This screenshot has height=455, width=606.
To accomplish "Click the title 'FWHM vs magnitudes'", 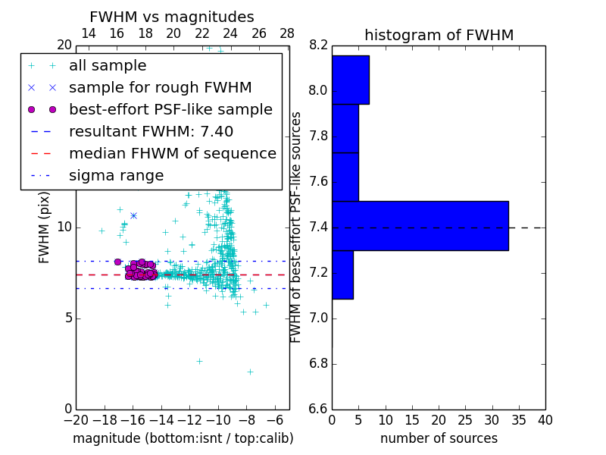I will [x=171, y=17].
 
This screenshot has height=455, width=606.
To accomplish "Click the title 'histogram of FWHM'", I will [x=439, y=35].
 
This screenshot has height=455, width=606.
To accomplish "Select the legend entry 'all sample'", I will [x=108, y=66].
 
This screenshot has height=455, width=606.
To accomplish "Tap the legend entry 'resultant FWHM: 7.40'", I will [x=151, y=131].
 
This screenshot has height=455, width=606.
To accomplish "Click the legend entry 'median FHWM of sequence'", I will [x=172, y=153].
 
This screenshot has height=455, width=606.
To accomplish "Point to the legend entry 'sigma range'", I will [x=116, y=175].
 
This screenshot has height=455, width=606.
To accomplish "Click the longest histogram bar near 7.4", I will [x=420, y=225].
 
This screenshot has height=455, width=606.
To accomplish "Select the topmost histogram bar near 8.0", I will [x=350, y=80].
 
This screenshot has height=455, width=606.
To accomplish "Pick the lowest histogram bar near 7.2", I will [x=342, y=275].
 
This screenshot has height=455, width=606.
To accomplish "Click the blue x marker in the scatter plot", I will [x=133, y=216].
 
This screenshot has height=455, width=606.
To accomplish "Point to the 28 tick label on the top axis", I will [x=287, y=33].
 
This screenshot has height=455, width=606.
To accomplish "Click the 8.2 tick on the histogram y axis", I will [x=318, y=45].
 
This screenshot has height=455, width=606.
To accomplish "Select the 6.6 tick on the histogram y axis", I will [x=318, y=409].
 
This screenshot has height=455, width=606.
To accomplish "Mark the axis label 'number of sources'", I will [x=439, y=438].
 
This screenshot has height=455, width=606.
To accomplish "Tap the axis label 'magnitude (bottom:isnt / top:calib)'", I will [x=183, y=438].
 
